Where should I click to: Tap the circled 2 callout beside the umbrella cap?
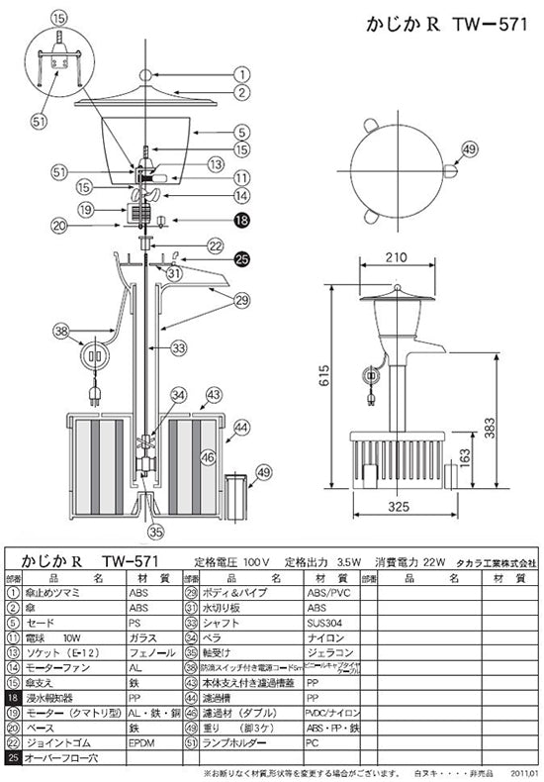click(240, 93)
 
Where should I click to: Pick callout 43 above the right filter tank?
click(213, 394)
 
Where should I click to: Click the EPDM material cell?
click(141, 740)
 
